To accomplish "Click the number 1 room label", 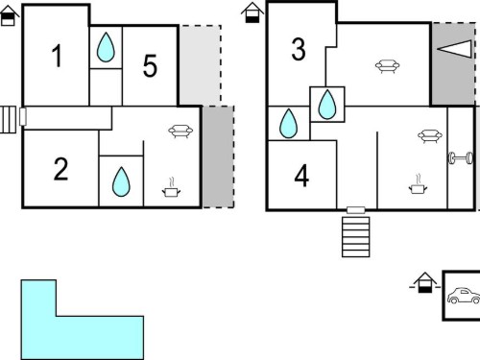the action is coord(58,56).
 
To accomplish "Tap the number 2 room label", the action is coord(60,169).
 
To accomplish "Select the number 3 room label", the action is coord(299,49).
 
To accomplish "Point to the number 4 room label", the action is coord(301,176).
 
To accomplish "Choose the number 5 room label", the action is coord(150,65).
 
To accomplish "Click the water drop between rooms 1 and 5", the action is coord(106,47).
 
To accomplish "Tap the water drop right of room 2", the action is coord(121,181).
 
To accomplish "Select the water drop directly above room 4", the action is coord(288,124).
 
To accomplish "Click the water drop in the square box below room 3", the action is coord(327,105).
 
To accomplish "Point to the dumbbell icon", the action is coord(461,158).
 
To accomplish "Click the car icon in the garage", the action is coord(464,296).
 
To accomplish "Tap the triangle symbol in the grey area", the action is coord(454,49).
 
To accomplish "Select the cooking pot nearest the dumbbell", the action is coord(418,184).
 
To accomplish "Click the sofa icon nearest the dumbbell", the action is coord(430,136).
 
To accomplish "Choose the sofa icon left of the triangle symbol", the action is coord(387,66).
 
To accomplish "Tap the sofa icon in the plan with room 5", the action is coord(180,132).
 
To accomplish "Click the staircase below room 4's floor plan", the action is coord(356,237).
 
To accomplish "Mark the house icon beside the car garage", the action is coord(424,282).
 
